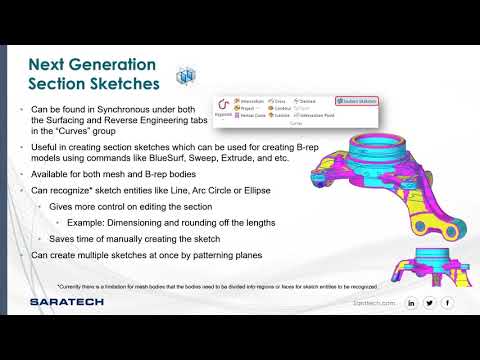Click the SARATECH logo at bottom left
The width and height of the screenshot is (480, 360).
(x=61, y=301)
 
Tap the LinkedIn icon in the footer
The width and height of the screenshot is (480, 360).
(x=411, y=302)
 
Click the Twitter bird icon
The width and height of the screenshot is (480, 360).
(x=429, y=302)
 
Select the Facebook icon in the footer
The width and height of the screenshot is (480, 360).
(x=447, y=302)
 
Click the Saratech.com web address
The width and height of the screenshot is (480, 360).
(x=374, y=302)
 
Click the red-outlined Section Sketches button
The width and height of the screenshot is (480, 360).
(x=355, y=101)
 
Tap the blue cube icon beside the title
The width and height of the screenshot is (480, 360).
(x=184, y=76)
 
